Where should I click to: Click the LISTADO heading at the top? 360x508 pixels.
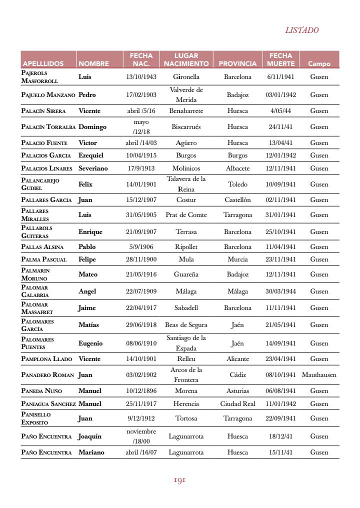[301, 30]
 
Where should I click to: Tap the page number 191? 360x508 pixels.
[179, 480]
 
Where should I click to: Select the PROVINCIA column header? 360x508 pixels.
[237, 64]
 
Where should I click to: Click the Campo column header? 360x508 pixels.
[319, 64]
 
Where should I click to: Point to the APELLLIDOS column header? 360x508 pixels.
[43, 64]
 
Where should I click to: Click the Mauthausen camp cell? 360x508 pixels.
[319, 374]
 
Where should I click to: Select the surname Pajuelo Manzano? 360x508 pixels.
[48, 94]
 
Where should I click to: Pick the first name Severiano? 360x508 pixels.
[93, 168]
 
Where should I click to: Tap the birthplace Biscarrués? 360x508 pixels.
[186, 127]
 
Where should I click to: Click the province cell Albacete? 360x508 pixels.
[237, 168]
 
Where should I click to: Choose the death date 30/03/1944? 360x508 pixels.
[280, 291]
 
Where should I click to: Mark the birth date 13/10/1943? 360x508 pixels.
[141, 77]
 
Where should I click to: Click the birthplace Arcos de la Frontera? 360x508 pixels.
[186, 374]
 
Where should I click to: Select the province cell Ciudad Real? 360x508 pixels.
[237, 403]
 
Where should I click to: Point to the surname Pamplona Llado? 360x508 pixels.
[46, 358]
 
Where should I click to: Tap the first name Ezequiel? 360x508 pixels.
[91, 155]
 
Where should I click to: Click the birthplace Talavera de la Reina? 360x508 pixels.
[186, 184]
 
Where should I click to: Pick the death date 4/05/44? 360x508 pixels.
[280, 110]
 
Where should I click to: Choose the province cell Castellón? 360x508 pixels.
[237, 200]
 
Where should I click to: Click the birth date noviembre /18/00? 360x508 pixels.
[141, 436]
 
